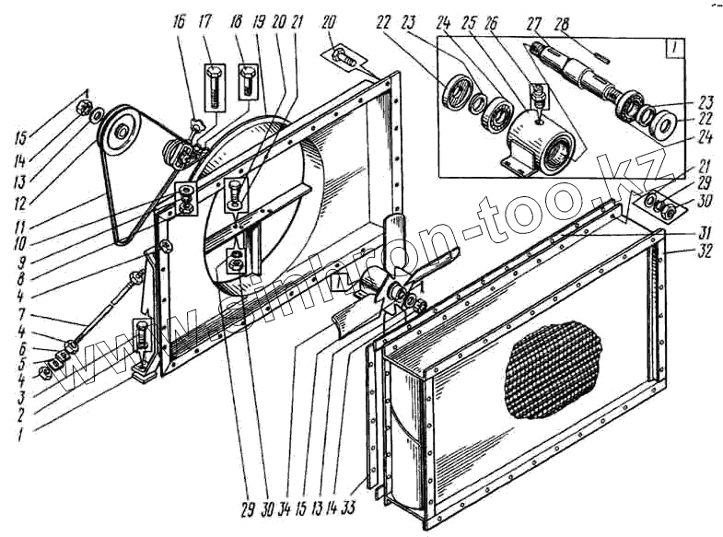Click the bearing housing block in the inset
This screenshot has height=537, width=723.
542,144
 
